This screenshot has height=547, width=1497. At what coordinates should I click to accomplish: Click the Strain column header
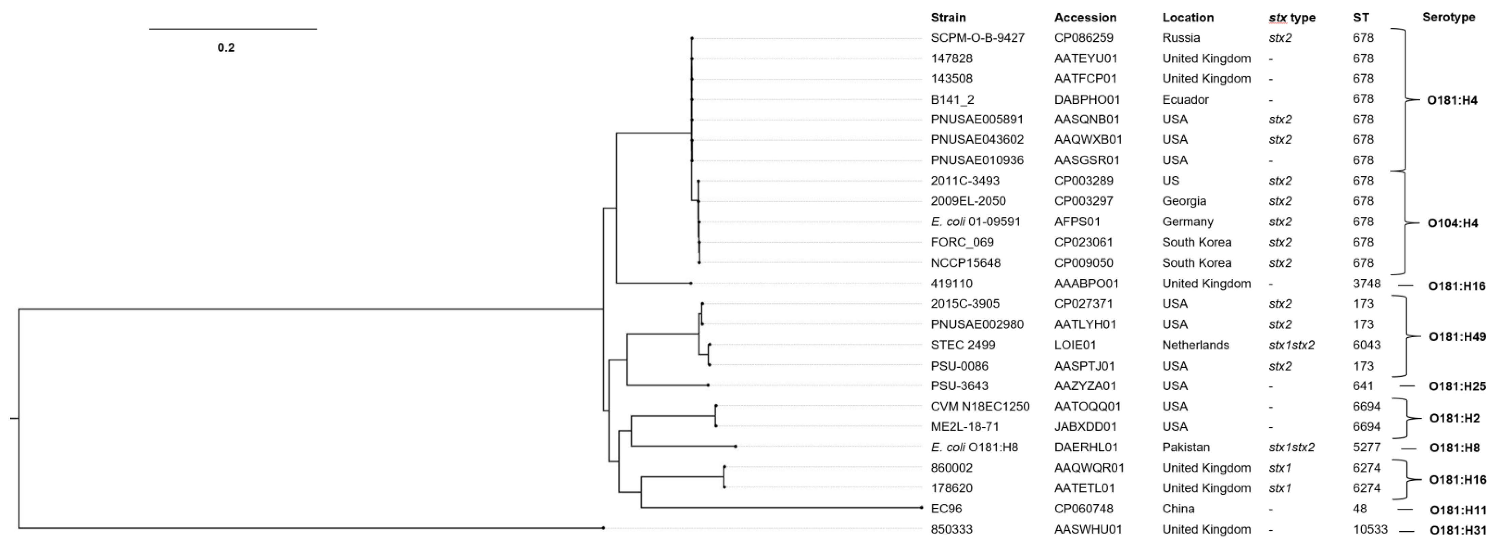pos(948,17)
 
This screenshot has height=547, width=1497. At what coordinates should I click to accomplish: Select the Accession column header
pos(1085,17)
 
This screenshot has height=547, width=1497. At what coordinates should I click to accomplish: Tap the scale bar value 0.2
pos(226,48)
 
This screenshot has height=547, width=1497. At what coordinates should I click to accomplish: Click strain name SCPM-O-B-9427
pos(977,38)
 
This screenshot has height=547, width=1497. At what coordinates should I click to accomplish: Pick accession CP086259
pos(1084,38)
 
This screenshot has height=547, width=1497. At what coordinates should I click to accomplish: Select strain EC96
pos(946,509)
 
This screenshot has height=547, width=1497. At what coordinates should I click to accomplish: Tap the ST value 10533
pos(1370,529)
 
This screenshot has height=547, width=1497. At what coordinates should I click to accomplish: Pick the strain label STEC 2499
pos(963,345)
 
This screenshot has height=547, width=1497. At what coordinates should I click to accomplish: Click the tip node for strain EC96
pos(922,508)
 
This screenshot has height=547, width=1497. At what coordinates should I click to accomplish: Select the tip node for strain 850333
pos(603,528)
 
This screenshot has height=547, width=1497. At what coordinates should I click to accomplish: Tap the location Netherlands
pos(1195,345)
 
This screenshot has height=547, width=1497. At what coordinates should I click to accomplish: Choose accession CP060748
pos(1084,509)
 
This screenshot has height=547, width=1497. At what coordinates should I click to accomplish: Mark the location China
pos(1178,509)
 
